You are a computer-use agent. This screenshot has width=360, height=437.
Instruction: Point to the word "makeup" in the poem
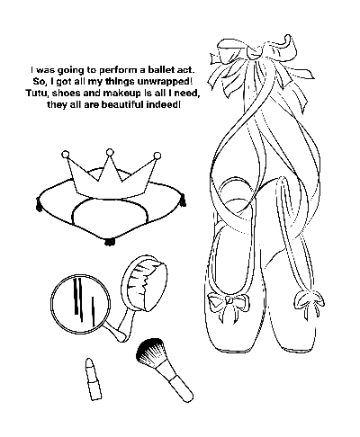pos(121,94)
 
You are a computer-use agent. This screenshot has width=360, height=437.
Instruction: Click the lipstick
pos(93,379)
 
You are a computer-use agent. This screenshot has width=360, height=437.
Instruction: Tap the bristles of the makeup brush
pos(151,352)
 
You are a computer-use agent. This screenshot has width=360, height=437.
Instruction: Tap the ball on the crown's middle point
pos(111,153)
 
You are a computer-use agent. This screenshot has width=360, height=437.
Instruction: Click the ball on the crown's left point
pos(65,155)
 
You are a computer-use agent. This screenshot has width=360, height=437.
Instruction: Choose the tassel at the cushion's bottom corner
pos(109,241)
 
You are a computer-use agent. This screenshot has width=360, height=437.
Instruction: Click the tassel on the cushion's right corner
pos(182,200)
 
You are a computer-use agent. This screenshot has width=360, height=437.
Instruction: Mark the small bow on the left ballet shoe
pos(229,301)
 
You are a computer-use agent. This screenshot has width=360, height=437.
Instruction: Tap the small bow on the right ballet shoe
pos(309,299)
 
